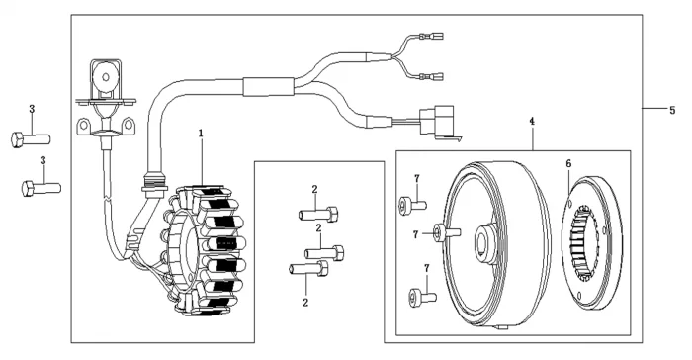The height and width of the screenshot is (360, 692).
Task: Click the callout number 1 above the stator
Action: (201, 133)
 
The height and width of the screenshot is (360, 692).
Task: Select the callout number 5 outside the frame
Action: (672, 110)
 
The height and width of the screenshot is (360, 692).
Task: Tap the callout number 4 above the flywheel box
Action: (532, 121)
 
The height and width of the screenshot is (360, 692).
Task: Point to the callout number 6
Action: (568, 163)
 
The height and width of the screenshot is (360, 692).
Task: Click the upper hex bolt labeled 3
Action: (31, 139)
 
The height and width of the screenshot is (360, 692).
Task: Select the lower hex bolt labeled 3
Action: (42, 189)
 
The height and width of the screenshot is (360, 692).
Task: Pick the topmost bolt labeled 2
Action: (318, 215)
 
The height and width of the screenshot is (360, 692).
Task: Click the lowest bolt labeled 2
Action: (308, 268)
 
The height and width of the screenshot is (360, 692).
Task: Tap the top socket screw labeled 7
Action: (412, 204)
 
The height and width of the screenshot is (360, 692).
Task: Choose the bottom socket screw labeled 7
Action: (423, 296)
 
